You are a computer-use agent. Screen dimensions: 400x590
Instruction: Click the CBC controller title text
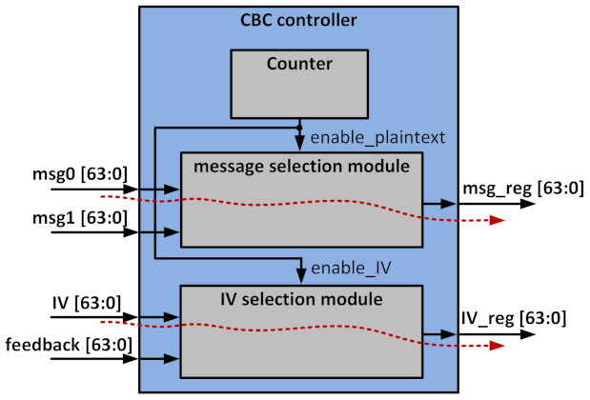coord(300,19)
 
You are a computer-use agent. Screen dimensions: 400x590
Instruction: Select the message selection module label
coord(300,167)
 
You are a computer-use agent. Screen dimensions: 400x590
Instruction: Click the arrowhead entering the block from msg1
coord(173,231)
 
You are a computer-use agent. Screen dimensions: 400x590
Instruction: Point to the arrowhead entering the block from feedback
coord(173,359)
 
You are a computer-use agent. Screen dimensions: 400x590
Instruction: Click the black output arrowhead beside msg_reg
coord(449,203)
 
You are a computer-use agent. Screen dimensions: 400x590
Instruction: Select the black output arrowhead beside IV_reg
coord(449,333)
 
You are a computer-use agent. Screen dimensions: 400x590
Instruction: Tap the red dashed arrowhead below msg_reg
coord(497,220)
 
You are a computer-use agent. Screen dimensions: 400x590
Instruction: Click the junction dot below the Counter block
coord(300,127)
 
